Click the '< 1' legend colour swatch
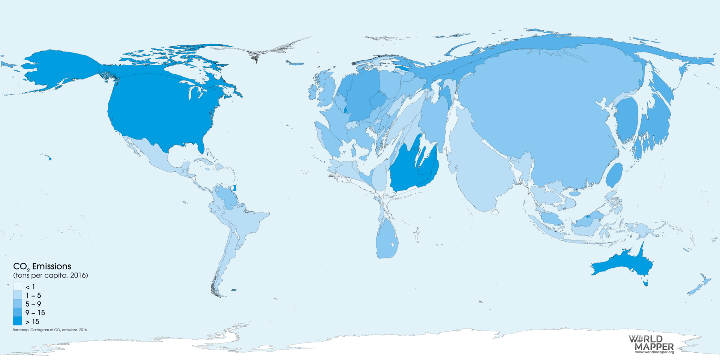point(17,286)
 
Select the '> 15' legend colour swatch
point(17,321)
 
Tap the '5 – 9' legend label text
point(33,304)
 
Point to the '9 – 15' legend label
point(35,313)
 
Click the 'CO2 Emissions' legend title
point(42,266)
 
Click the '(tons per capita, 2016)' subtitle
point(51,275)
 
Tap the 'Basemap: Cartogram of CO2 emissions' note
point(49,330)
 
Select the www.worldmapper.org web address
point(654,352)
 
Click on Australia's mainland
point(622,264)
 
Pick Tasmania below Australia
point(645,282)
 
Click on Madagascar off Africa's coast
point(417,234)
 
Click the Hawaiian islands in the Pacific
point(49,158)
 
